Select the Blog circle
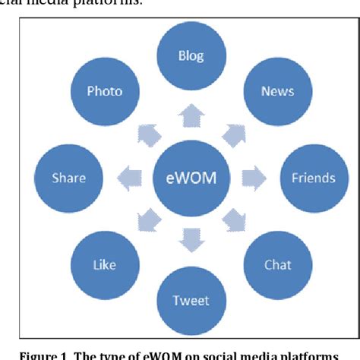[x=191, y=55]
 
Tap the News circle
[x=277, y=91]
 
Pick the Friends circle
[x=313, y=178]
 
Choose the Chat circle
[x=277, y=265]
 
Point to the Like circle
[x=104, y=265]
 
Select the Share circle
[x=68, y=178]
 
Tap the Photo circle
[x=104, y=91]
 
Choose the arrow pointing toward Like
[x=147, y=222]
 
